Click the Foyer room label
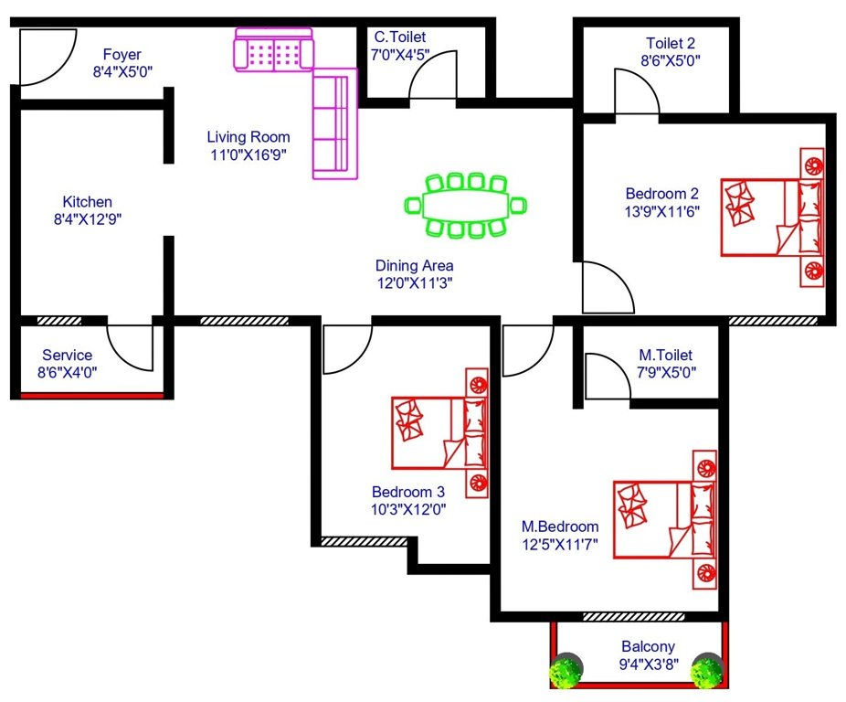tap(121, 54)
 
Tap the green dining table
tap(465, 205)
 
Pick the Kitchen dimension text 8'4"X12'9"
tap(88, 219)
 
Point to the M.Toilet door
tap(607, 377)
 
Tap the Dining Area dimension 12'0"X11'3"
tap(415, 283)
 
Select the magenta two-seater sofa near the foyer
tap(273, 49)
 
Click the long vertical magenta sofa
tap(333, 124)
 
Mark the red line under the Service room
tap(91, 396)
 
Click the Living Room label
tap(248, 137)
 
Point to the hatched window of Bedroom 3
tap(363, 541)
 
